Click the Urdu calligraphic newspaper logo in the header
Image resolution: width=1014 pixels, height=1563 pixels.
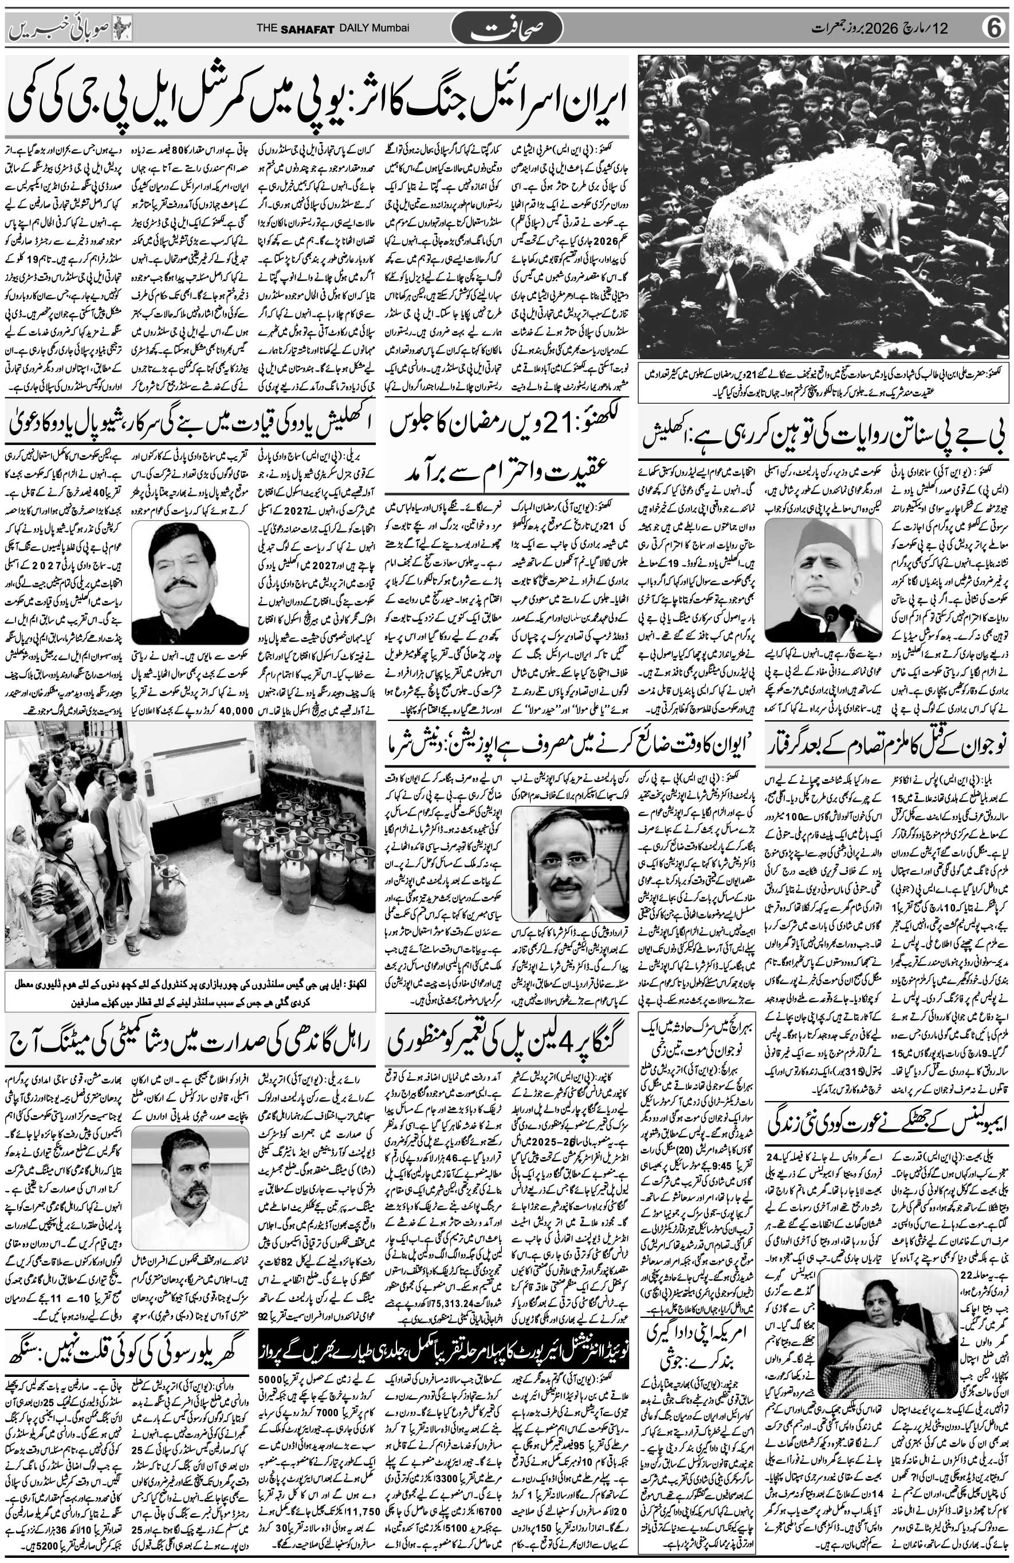(506, 29)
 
